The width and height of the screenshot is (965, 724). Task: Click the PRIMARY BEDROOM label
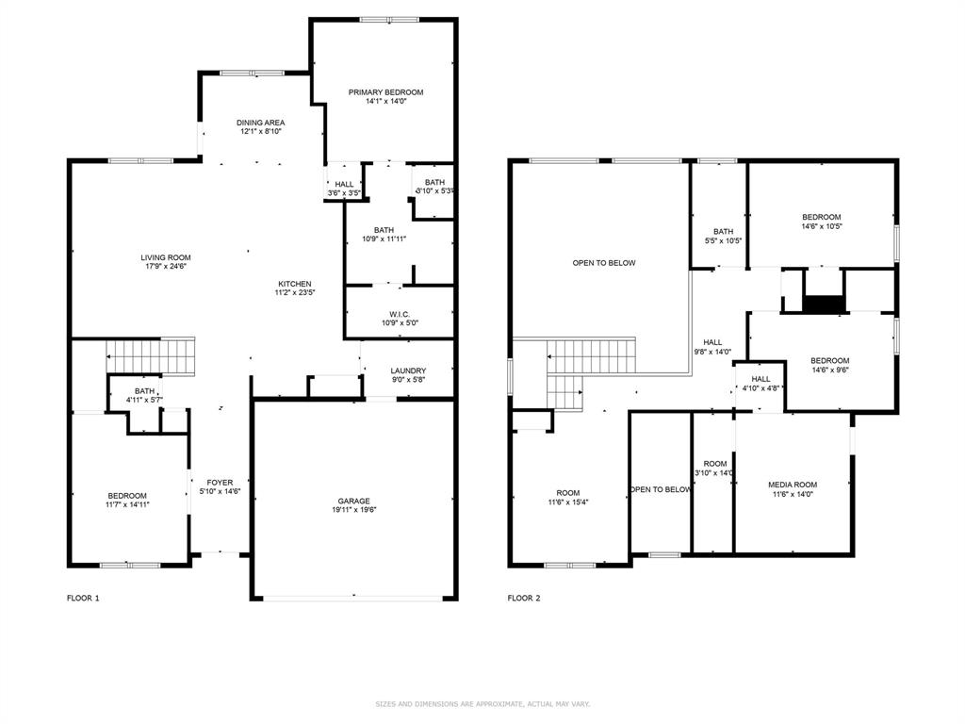pyautogui.click(x=385, y=92)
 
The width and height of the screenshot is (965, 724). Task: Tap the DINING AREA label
pyautogui.click(x=260, y=123)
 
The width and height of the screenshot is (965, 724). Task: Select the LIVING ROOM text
pyautogui.click(x=166, y=257)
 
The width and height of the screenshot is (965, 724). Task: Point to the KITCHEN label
pyautogui.click(x=294, y=284)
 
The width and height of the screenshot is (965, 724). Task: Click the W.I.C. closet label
pyautogui.click(x=400, y=314)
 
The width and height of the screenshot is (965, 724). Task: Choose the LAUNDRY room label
pyautogui.click(x=409, y=370)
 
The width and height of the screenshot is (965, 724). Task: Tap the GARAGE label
pyautogui.click(x=354, y=501)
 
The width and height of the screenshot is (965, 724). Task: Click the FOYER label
pyautogui.click(x=220, y=482)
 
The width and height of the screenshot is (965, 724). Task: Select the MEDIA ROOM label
pyautogui.click(x=793, y=485)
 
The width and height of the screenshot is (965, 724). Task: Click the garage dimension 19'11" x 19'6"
pyautogui.click(x=354, y=510)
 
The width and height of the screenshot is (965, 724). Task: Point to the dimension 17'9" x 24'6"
pyautogui.click(x=166, y=267)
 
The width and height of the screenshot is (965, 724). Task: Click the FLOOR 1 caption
pyautogui.click(x=83, y=598)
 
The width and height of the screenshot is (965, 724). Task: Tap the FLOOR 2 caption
pyautogui.click(x=524, y=598)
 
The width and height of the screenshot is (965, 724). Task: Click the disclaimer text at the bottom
pyautogui.click(x=482, y=703)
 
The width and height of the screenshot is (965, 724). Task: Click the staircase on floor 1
pyautogui.click(x=151, y=356)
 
